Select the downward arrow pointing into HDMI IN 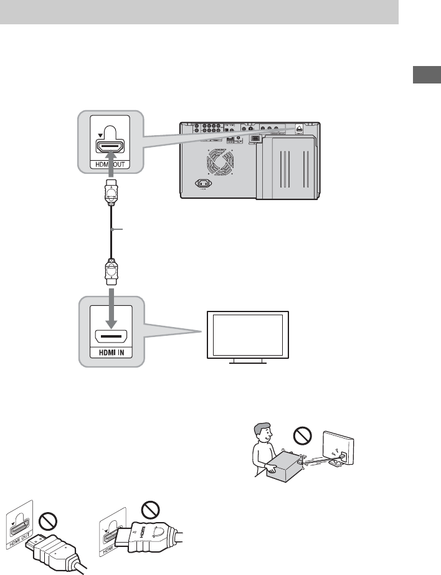[x=109, y=307]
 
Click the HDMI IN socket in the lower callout [x=109, y=337]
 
